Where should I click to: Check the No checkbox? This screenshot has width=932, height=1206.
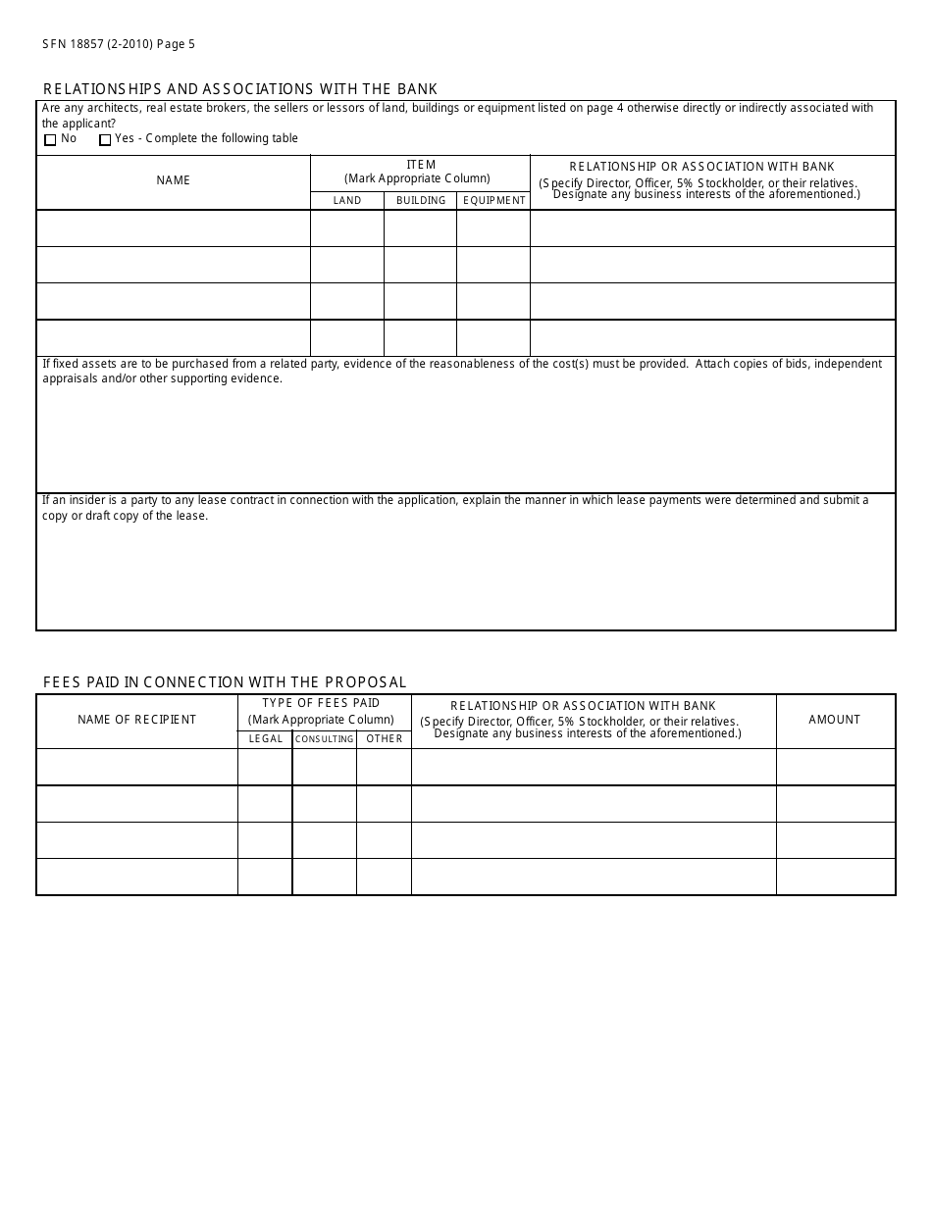(51, 140)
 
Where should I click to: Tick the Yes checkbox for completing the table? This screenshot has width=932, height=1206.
(105, 140)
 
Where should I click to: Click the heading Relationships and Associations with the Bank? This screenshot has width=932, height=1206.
(240, 89)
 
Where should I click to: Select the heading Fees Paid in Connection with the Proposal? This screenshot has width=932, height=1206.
(225, 682)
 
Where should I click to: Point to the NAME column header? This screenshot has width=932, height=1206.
(174, 180)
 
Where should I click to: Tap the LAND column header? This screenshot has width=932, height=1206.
(347, 201)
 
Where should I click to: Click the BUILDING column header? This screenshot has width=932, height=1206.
(420, 201)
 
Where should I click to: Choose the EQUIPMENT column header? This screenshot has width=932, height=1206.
(493, 201)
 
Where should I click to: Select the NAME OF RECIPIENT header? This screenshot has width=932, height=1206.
(137, 720)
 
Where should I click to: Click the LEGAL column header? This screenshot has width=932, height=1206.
(265, 739)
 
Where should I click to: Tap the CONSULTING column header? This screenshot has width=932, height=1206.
(324, 739)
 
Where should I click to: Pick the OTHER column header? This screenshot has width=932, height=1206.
(384, 739)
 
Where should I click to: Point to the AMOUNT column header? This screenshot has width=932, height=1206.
(835, 720)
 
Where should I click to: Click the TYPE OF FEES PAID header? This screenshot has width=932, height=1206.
(321, 703)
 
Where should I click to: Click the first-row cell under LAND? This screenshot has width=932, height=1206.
(347, 228)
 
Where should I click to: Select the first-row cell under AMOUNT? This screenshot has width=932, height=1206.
(835, 767)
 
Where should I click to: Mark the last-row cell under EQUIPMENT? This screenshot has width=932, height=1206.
(493, 338)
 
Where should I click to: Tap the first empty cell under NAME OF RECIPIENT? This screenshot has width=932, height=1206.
(137, 767)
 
